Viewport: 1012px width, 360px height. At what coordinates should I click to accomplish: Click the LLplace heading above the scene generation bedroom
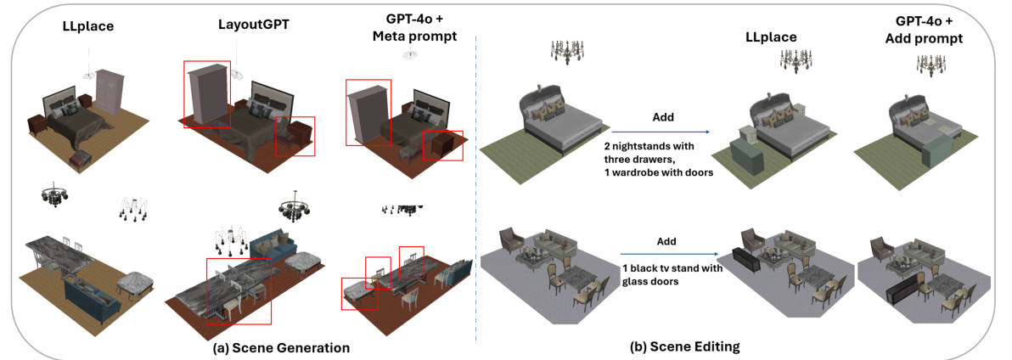pyautogui.click(x=88, y=27)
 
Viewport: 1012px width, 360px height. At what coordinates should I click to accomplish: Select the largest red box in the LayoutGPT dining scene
pyautogui.click(x=239, y=290)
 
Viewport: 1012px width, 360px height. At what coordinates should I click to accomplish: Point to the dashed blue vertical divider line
pyautogui.click(x=476, y=187)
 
